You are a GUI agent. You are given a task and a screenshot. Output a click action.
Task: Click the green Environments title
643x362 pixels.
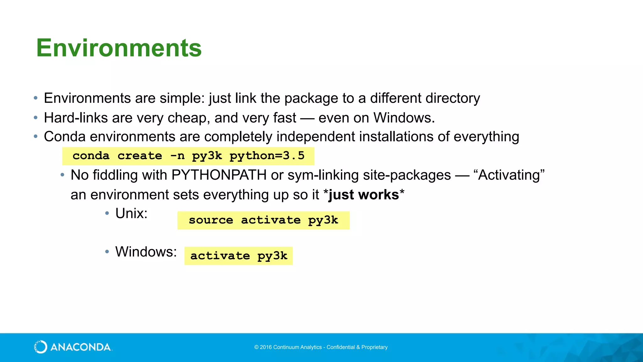point(119,48)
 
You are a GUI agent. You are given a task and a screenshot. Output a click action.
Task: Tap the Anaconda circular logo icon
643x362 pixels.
point(41,347)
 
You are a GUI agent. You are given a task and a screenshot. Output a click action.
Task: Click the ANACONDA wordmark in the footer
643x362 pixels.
point(80,347)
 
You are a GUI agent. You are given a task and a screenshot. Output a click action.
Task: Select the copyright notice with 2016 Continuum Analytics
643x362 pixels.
point(321,347)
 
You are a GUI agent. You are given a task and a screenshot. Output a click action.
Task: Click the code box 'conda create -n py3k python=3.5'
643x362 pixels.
point(188,156)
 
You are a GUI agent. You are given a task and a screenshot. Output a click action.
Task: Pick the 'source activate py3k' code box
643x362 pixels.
point(263,220)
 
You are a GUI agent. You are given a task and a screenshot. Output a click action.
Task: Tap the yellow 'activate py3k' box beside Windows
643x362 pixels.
point(238,256)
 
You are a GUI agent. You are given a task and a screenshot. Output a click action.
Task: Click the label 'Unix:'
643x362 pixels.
point(131,213)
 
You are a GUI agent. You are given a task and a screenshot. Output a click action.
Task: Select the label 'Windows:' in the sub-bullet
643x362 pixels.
point(146,252)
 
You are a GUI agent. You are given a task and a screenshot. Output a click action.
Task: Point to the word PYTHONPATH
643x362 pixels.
point(219,175)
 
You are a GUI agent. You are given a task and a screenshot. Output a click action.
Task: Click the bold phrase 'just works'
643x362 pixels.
point(364,195)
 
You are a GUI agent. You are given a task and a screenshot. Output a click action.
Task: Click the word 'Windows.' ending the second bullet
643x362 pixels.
point(404,118)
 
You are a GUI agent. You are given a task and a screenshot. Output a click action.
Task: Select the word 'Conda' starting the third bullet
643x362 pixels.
point(65,137)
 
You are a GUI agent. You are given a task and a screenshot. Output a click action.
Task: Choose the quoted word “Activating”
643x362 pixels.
point(509,175)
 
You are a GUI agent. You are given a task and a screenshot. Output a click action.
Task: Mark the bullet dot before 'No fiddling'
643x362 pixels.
point(62,175)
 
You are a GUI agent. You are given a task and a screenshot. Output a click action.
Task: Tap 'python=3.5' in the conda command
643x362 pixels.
point(267,156)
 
